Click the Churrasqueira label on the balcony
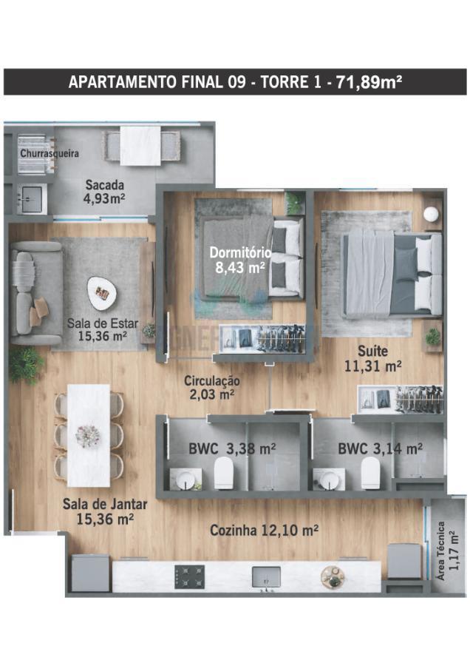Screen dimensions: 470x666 pyautogui.click(x=50, y=153)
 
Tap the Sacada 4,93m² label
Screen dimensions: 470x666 pyautogui.click(x=105, y=192)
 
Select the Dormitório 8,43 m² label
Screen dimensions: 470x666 pyautogui.click(x=240, y=260)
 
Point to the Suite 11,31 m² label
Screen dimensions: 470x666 pyautogui.click(x=373, y=358)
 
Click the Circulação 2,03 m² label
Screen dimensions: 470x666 pyautogui.click(x=211, y=388)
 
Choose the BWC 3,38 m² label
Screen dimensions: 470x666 pyautogui.click(x=233, y=448)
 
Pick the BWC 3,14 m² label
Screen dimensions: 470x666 pyautogui.click(x=380, y=448)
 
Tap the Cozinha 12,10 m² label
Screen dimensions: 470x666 pyautogui.click(x=265, y=530)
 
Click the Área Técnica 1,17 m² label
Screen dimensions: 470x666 pyautogui.click(x=447, y=551)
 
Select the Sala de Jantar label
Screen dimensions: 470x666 pyautogui.click(x=105, y=504)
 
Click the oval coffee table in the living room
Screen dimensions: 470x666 pyautogui.click(x=102, y=293)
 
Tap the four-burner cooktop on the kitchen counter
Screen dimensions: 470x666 pyautogui.click(x=189, y=576)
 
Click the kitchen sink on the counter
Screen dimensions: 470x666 pyautogui.click(x=266, y=576)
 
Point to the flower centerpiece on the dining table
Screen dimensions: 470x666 pyautogui.click(x=88, y=436)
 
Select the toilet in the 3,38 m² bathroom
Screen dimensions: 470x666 pyautogui.click(x=223, y=473)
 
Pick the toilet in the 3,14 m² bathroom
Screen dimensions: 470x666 pyautogui.click(x=370, y=473)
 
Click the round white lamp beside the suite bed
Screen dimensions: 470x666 pyautogui.click(x=431, y=214)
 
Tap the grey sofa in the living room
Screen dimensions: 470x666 pyautogui.click(x=36, y=293)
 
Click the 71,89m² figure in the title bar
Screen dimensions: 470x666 pyautogui.click(x=369, y=81)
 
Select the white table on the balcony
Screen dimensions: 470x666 pyautogui.click(x=140, y=146)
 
